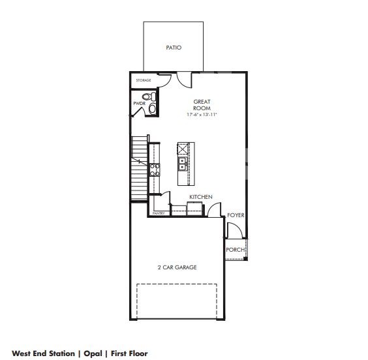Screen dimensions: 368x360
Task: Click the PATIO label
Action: tap(174, 48)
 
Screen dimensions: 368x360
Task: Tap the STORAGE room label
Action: tap(144, 80)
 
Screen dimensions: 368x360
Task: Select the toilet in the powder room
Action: tap(149, 97)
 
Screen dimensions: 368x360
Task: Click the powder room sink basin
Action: tap(152, 109)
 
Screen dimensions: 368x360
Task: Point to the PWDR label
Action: tap(139, 104)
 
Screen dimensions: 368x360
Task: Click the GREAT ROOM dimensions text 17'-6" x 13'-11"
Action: tap(202, 115)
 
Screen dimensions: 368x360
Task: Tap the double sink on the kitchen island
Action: tap(182, 164)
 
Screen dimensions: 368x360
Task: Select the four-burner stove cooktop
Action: tap(155, 170)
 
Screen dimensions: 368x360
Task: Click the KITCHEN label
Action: tap(201, 197)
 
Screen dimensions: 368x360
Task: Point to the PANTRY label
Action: tap(159, 213)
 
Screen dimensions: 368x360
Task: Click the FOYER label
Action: tap(236, 215)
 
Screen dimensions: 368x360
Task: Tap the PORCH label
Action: tap(235, 250)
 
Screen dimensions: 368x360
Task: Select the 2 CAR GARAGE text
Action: tap(177, 267)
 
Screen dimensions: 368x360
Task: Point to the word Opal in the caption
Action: tap(93, 353)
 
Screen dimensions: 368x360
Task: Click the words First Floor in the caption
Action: tap(129, 353)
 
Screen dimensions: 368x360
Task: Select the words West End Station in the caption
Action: tap(43, 353)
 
